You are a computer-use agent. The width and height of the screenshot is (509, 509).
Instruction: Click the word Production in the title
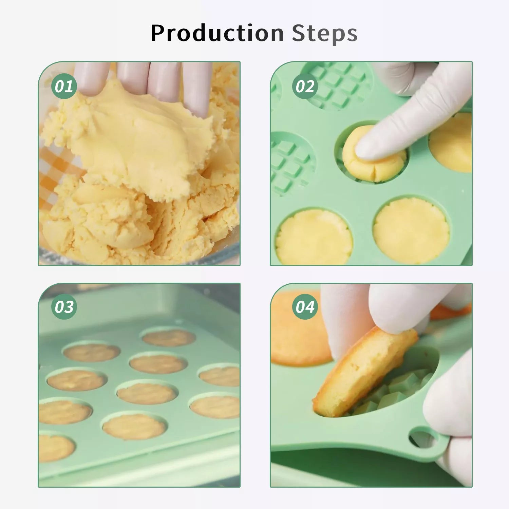[x=217, y=33]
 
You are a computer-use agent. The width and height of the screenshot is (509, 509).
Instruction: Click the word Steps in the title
[x=325, y=33]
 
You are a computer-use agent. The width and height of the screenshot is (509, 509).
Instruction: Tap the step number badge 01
[x=64, y=86]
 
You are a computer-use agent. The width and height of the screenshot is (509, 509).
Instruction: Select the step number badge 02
[x=305, y=86]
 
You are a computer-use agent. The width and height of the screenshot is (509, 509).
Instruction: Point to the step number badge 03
[x=64, y=307]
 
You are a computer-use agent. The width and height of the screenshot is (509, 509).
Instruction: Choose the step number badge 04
[x=305, y=307]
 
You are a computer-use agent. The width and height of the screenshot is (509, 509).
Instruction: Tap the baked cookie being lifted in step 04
[x=365, y=372]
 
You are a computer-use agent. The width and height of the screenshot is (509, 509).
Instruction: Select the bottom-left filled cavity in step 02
[x=314, y=237]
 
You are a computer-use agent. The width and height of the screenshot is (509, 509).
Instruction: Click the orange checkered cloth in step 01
[x=59, y=170]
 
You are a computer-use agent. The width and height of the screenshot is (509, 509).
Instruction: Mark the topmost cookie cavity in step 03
[x=168, y=338]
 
